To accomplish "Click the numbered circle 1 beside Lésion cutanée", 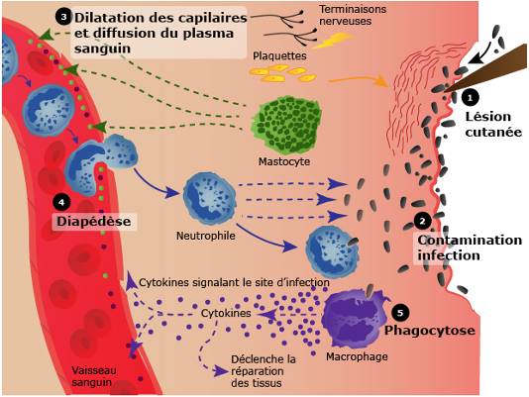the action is [470, 98].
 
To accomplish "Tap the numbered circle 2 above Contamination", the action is [422, 221].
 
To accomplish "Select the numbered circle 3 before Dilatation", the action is [63, 17].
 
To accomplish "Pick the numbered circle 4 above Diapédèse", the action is [61, 202].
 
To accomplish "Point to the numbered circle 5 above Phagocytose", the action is [400, 313].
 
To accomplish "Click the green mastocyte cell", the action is [285, 125].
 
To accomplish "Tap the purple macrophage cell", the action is [355, 318].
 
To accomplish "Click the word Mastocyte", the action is [284, 161].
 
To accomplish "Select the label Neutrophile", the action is [206, 236].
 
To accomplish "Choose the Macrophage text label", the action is [357, 356].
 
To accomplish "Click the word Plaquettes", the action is [279, 55].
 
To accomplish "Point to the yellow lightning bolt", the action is [333, 41].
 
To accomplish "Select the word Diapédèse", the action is [94, 221].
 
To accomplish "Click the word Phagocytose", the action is [430, 331].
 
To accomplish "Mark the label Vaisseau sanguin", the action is [94, 376].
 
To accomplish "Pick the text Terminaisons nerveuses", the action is [353, 15].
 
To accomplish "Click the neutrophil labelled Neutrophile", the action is [209, 198].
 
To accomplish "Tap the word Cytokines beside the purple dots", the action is [226, 313].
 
